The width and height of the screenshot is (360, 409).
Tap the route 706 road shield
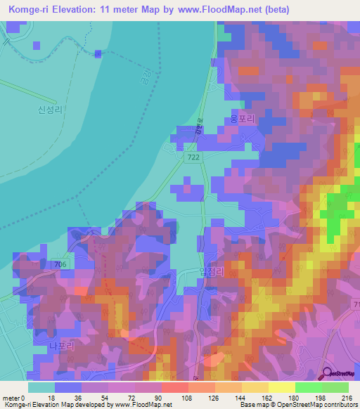pyautogui.click(x=60, y=264)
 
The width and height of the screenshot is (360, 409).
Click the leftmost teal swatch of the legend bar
pyautogui.click(x=41, y=387)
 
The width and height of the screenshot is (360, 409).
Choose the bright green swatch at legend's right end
pyautogui.click(x=335, y=387)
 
